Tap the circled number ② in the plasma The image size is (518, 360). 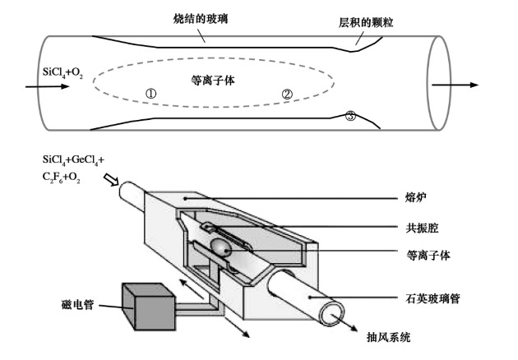[x=287, y=94]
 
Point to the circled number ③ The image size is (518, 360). [x=350, y=117]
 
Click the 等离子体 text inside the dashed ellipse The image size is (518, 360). [x=211, y=81]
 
